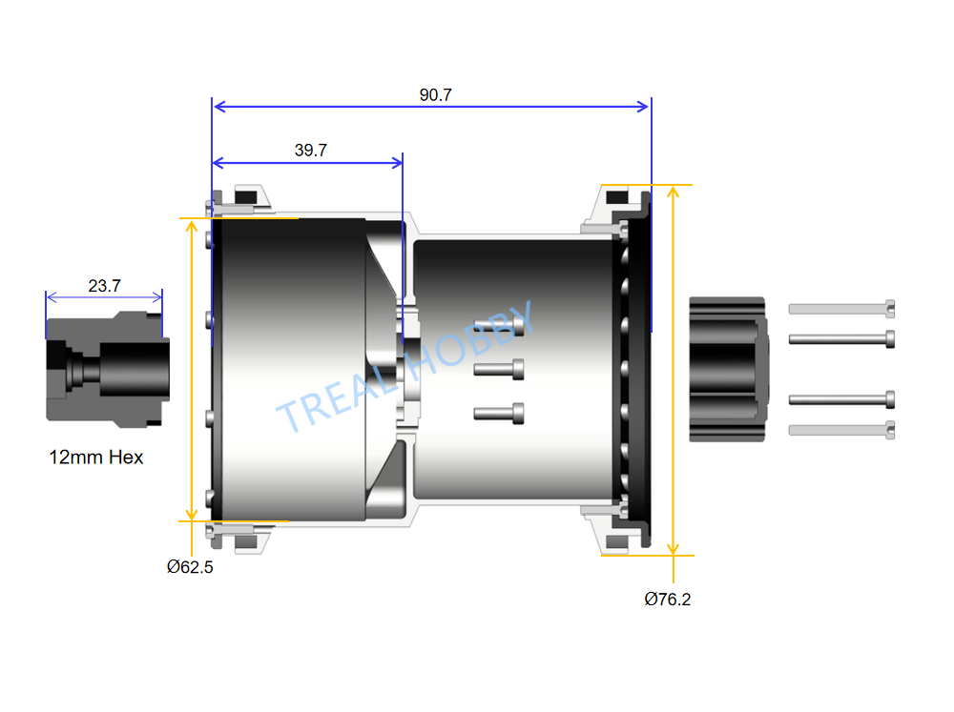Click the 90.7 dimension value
click(436, 95)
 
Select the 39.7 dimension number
click(311, 151)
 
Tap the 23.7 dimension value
click(105, 286)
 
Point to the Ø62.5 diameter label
click(190, 567)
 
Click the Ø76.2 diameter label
click(668, 600)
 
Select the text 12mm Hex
click(96, 458)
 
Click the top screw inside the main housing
click(499, 327)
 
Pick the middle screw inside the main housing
click(499, 369)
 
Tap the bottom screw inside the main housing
click(499, 414)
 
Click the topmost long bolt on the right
click(841, 309)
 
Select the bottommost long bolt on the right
click(841, 431)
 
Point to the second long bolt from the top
click(841, 339)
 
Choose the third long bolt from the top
click(841, 399)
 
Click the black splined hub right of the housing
click(729, 369)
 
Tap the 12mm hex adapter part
click(108, 370)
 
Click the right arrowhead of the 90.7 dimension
click(644, 107)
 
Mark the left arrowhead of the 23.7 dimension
click(52, 297)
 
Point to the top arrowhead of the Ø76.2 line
click(673, 193)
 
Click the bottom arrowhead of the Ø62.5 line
click(191, 515)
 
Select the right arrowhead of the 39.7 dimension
click(396, 162)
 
